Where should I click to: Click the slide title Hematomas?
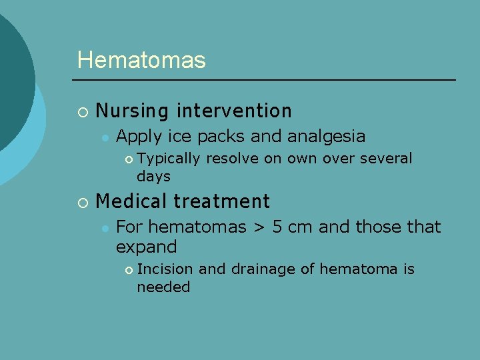tap(141, 60)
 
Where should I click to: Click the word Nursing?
tap(129, 111)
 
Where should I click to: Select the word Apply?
tap(138, 137)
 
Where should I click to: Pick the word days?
tap(153, 177)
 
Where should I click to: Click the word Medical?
tap(131, 201)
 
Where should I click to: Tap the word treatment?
tap(221, 201)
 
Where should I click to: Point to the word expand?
tap(146, 247)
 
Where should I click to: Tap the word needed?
tap(163, 287)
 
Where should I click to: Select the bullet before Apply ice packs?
tap(105, 137)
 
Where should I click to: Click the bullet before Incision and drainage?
tap(128, 270)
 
